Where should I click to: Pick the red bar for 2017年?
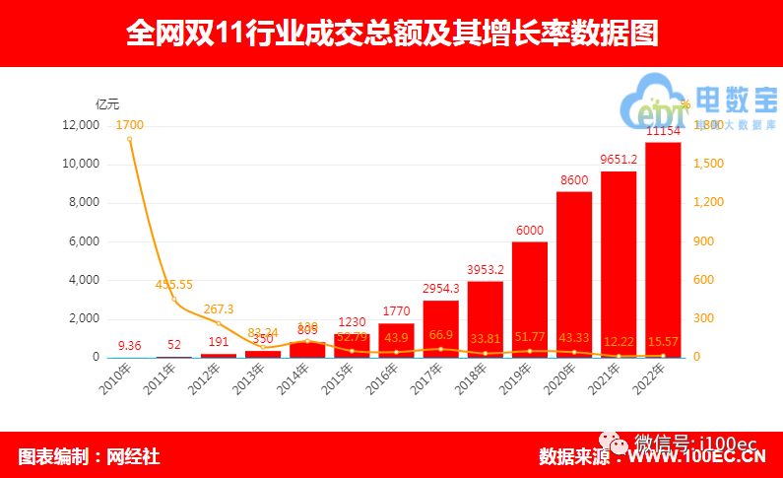click(x=441, y=328)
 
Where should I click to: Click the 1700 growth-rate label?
click(x=130, y=125)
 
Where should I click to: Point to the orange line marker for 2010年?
click(x=130, y=139)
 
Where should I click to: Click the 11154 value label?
click(x=663, y=131)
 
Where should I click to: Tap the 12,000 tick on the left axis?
click(x=80, y=125)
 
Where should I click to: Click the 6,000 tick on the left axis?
click(x=84, y=241)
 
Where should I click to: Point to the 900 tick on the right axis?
click(x=705, y=241)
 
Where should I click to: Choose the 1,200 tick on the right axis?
click(x=708, y=202)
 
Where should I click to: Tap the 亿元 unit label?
click(x=107, y=103)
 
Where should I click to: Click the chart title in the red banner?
click(x=391, y=34)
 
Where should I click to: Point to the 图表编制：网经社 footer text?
click(x=89, y=456)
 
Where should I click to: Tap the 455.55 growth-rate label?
click(x=174, y=285)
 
